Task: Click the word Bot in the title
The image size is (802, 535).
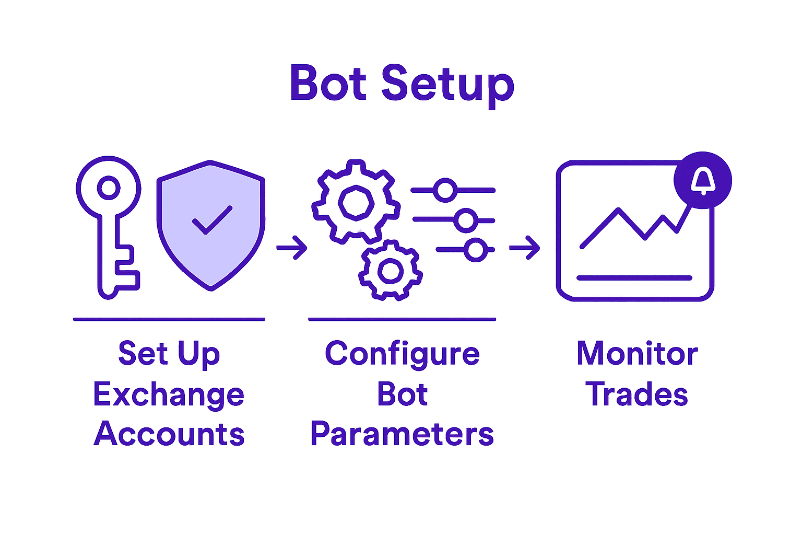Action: pos(328,84)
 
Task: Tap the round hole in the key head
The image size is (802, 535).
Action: pos(109,188)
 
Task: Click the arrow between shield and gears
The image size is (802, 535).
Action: pos(292,248)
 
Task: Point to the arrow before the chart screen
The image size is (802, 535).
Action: pos(524,248)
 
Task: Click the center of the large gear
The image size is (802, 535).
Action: pos(356,202)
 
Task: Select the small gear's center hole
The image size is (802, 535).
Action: pos(390,271)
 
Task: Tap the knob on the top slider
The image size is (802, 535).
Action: pos(445,190)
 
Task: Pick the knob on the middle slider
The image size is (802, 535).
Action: pos(465,220)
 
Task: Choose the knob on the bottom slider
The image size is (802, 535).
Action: pos(476,250)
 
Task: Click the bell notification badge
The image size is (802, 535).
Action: pos(703,180)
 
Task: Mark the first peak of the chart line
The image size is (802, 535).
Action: pos(618,210)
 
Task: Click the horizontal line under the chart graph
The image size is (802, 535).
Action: pos(634,278)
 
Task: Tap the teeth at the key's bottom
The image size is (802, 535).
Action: pos(128,269)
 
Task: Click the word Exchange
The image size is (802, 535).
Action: pos(169,395)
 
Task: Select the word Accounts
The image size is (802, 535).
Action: pos(169,434)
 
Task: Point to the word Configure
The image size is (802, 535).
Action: pos(402,354)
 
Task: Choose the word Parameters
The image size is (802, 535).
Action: pos(402,434)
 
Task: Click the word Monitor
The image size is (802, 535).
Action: pos(637,354)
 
